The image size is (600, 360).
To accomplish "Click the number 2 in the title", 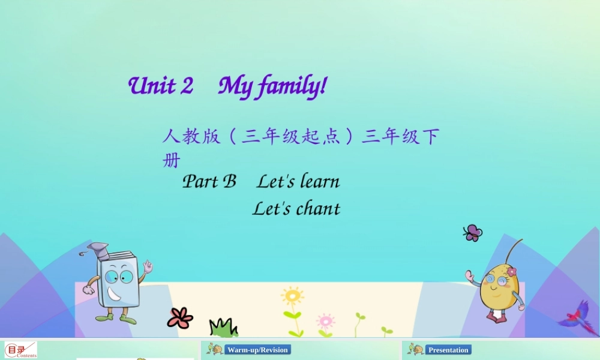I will coord(187,86).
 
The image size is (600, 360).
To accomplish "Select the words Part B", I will coord(209,181).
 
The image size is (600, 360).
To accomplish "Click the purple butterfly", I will coord(473,233).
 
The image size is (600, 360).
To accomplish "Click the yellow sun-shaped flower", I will coord(292,296).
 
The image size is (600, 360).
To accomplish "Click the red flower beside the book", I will coord(180,317).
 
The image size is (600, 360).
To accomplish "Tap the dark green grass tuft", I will coord(223,327).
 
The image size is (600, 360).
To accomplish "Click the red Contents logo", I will coord(20,350).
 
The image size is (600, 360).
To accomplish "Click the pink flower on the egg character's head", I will coord(511,272).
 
